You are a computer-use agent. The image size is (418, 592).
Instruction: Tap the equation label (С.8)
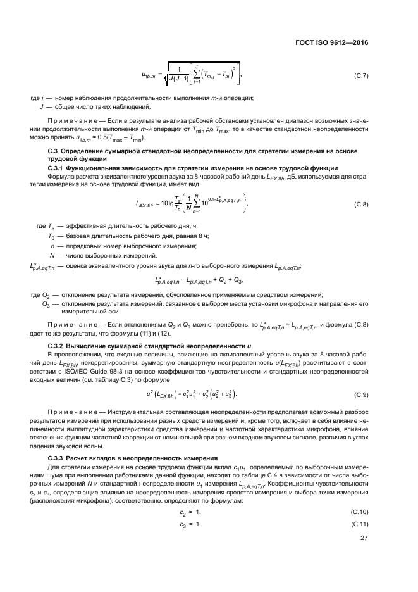(359, 204)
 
